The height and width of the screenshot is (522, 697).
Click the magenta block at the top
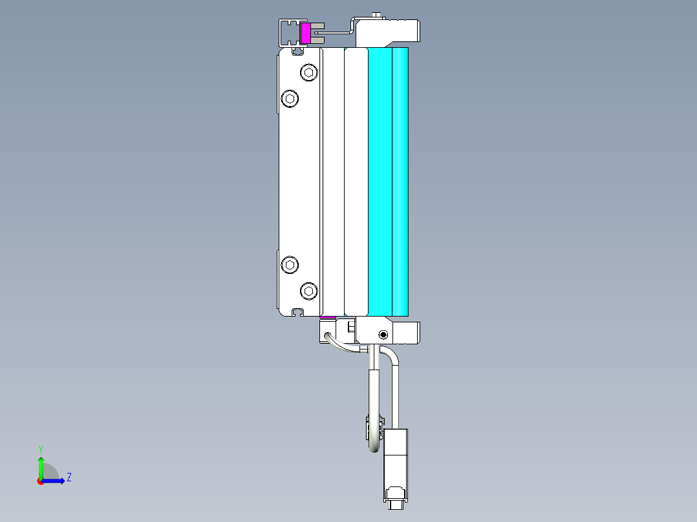[306, 34]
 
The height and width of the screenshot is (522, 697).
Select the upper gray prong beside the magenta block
[317, 27]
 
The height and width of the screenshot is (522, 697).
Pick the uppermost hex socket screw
[309, 72]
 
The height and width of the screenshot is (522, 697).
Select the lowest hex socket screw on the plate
[309, 291]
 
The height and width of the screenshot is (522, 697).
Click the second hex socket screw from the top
[290, 98]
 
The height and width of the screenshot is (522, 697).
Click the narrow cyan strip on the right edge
[401, 182]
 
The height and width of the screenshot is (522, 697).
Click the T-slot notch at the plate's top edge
[297, 50]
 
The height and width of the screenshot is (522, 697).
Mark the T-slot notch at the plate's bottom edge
[297, 312]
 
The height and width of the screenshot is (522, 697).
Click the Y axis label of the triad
[40, 448]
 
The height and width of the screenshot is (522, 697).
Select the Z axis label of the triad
[69, 477]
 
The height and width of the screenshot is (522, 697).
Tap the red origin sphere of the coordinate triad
[41, 481]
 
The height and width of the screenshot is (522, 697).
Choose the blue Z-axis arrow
[56, 481]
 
